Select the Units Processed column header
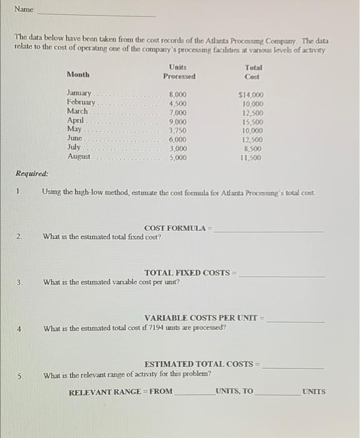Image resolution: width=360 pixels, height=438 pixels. click(x=179, y=71)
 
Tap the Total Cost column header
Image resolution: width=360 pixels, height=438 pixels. click(x=253, y=71)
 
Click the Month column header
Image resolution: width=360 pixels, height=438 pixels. click(x=78, y=74)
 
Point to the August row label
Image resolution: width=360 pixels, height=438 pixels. click(x=78, y=157)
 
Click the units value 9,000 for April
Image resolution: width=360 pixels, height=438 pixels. click(x=178, y=121)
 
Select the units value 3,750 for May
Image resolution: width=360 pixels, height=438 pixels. click(x=178, y=130)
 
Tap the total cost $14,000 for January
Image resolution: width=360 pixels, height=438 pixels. click(x=251, y=94)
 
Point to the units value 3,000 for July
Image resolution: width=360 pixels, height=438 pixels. click(x=178, y=149)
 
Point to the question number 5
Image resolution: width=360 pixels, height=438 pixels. click(x=20, y=375)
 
